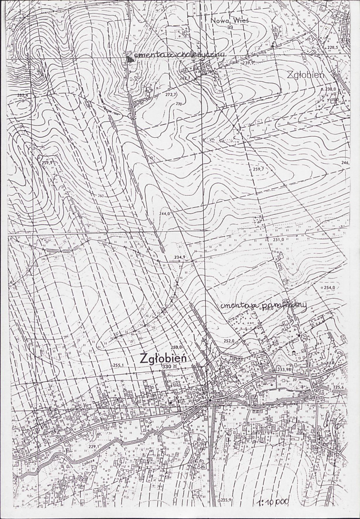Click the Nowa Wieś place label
tap(227, 20)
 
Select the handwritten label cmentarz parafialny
tap(263, 306)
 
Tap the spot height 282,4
tap(23, 95)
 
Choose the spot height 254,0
tap(330, 288)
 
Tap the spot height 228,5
tap(332, 47)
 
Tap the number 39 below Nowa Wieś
tap(230, 27)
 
